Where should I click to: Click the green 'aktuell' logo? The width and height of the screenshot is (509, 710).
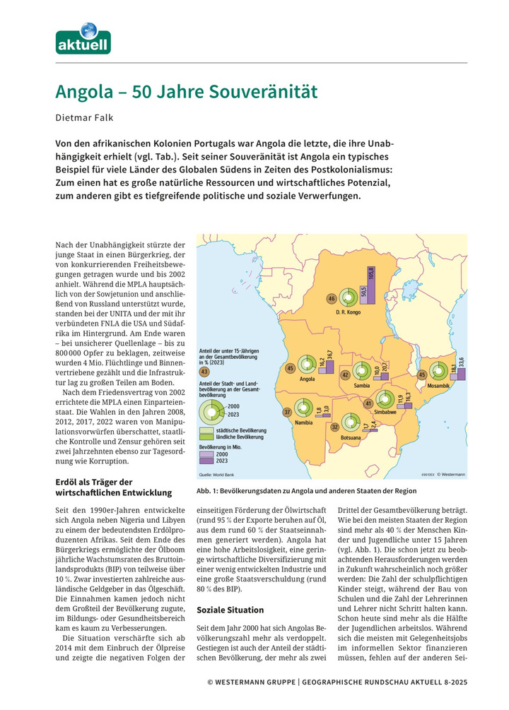[83, 39]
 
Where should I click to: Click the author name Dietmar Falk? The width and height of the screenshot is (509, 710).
[85, 119]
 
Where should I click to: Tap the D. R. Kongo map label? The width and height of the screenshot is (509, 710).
[349, 312]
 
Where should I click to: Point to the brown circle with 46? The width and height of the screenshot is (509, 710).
[331, 299]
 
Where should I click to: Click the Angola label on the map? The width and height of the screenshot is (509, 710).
[307, 379]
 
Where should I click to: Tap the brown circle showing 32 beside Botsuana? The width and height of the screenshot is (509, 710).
[334, 427]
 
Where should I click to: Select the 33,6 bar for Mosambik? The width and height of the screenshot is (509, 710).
[461, 372]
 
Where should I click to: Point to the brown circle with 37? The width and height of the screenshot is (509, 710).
[287, 412]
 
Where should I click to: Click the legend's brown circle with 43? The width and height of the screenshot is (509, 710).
[204, 370]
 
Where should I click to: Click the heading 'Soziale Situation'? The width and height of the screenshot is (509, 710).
[230, 610]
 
